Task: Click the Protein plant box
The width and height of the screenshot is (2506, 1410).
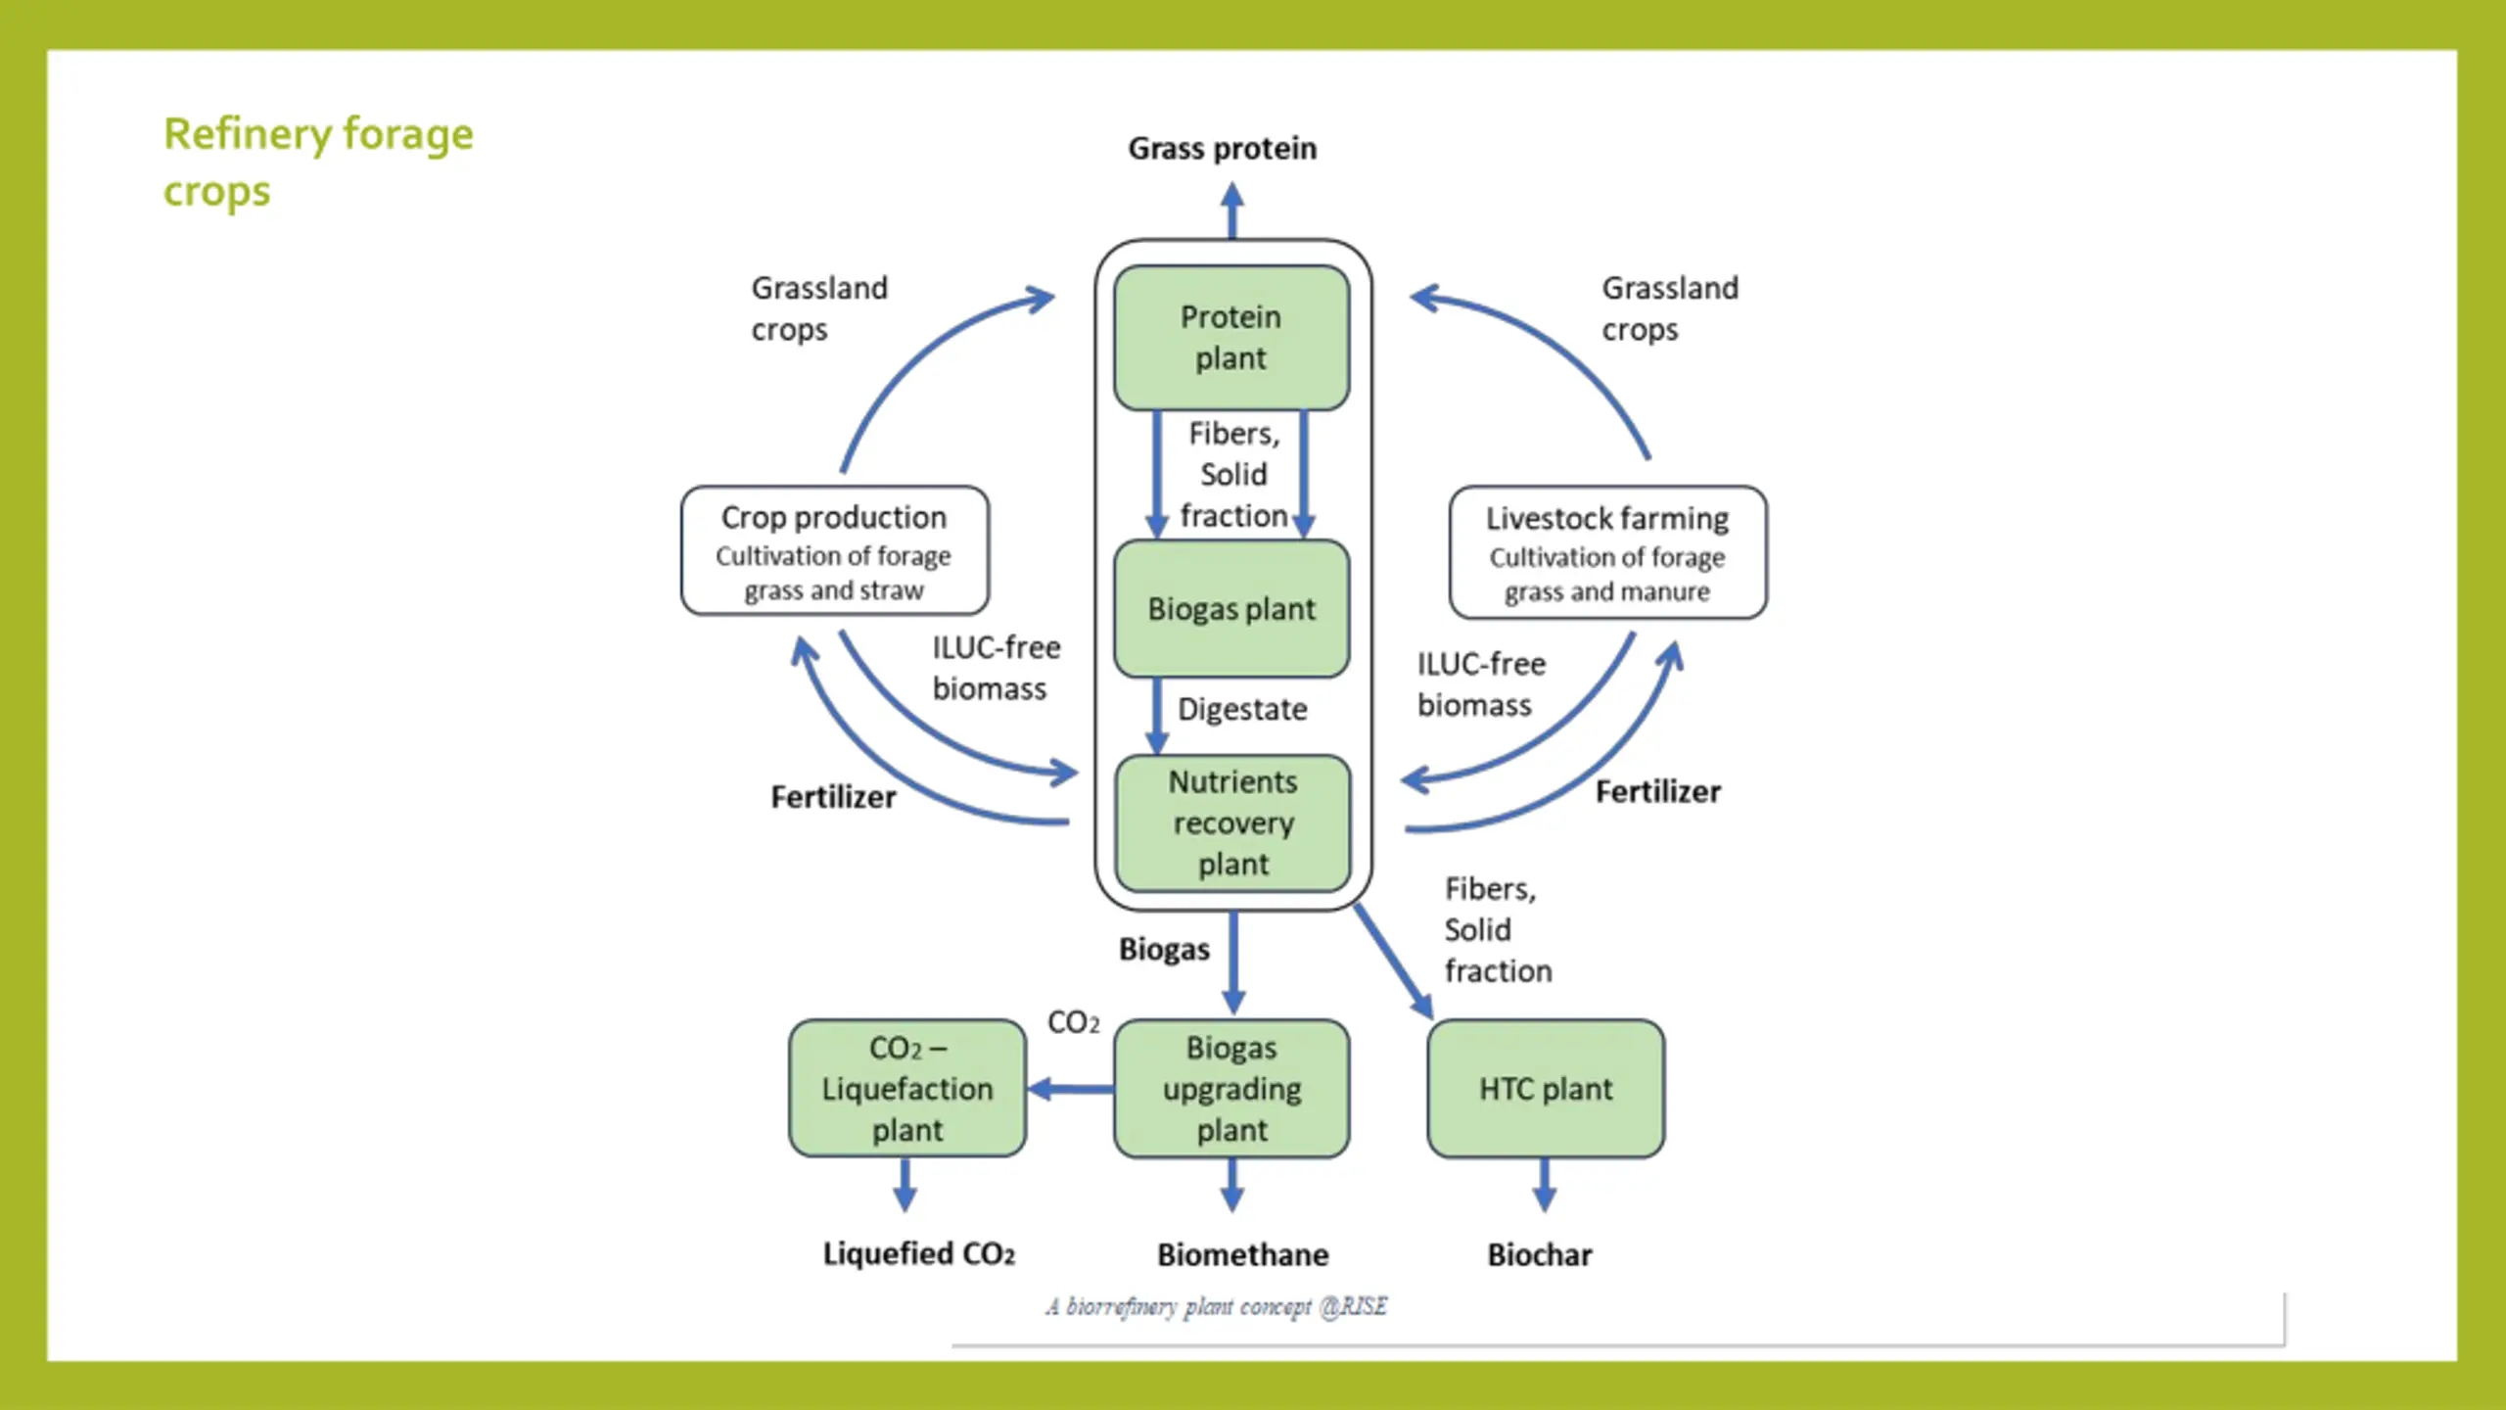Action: [1231, 338]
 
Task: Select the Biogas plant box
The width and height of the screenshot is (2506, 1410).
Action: [1231, 608]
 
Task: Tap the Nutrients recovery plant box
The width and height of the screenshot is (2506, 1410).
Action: [1233, 822]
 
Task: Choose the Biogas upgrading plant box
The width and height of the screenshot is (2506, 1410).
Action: [1231, 1088]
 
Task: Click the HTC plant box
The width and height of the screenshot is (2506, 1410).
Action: [1546, 1088]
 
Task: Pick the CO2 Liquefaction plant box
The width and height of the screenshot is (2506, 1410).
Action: [907, 1088]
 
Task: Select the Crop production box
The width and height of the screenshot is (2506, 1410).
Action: [835, 550]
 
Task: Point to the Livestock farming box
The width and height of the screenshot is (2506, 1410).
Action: [1607, 552]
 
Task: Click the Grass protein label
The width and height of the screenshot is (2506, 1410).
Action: [1223, 149]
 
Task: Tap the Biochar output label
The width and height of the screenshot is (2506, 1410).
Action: [1540, 1254]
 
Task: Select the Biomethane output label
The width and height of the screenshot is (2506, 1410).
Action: [1243, 1254]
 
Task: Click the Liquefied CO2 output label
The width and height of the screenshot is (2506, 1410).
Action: [918, 1254]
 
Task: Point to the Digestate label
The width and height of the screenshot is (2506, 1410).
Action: [1242, 709]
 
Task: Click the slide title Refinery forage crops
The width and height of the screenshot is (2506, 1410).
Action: [318, 163]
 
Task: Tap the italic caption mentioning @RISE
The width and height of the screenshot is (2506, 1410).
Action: [1217, 1307]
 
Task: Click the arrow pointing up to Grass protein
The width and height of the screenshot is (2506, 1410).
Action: [1232, 211]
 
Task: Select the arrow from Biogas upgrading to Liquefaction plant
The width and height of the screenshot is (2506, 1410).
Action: [1071, 1089]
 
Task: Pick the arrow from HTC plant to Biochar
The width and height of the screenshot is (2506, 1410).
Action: [1545, 1185]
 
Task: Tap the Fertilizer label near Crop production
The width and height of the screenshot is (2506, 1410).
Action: [833, 797]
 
